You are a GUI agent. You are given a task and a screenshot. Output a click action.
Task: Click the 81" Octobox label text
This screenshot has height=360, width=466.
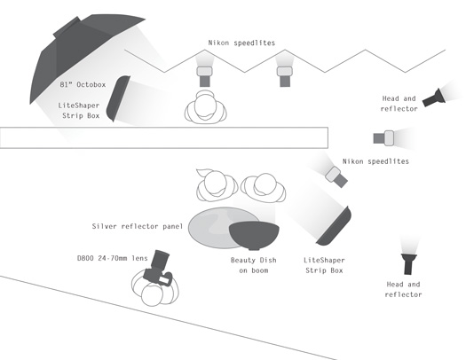click(x=83, y=84)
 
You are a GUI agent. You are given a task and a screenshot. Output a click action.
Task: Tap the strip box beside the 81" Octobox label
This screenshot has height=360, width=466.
click(x=118, y=98)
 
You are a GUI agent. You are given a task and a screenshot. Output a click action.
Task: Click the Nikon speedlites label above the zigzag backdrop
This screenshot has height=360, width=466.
click(x=241, y=43)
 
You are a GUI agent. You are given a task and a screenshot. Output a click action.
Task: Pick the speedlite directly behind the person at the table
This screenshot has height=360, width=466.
click(x=204, y=76)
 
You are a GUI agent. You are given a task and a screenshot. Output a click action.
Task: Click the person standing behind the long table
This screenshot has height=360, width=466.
click(x=206, y=106)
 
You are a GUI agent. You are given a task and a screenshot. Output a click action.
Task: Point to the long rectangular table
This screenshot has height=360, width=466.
click(x=164, y=137)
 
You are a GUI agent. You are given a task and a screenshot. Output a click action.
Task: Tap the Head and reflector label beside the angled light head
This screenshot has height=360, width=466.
click(x=399, y=104)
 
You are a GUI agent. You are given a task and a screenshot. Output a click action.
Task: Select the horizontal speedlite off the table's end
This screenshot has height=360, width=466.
click(x=383, y=138)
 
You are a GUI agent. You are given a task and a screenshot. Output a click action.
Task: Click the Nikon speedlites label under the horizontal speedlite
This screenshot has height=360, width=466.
click(x=375, y=161)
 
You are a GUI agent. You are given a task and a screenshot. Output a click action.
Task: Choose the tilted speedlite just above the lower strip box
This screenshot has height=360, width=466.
click(x=336, y=176)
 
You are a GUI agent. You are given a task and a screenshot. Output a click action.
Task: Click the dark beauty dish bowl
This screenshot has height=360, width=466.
click(x=254, y=235)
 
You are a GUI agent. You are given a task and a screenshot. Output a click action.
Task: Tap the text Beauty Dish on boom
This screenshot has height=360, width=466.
click(x=254, y=265)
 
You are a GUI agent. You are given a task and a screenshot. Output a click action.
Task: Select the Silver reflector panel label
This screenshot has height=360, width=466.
click(x=138, y=226)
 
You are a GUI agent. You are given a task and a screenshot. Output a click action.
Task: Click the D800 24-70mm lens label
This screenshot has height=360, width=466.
click(x=113, y=258)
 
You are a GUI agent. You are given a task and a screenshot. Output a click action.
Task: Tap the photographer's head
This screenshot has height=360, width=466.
click(x=152, y=295)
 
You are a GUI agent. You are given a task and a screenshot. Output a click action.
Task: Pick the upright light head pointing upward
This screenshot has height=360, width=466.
click(x=408, y=263)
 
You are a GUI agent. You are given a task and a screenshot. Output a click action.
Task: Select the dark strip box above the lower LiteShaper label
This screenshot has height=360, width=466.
click(x=335, y=227)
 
